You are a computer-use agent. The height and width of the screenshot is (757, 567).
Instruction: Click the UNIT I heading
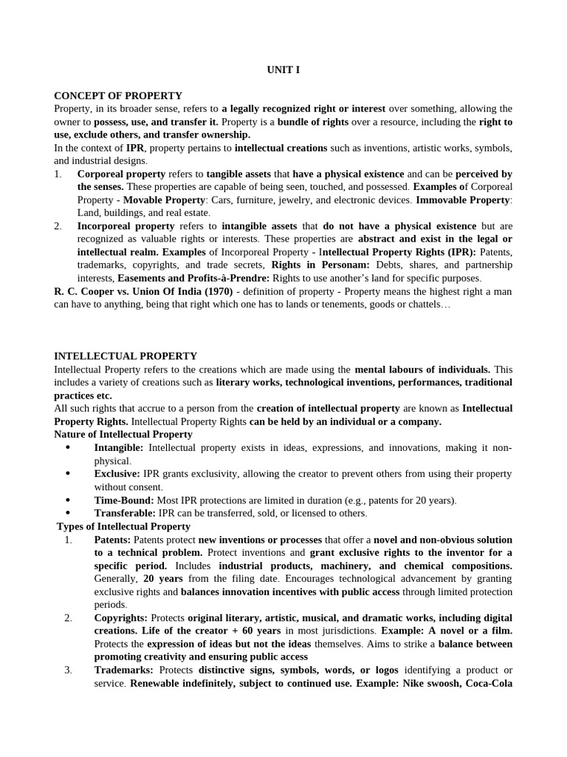283,70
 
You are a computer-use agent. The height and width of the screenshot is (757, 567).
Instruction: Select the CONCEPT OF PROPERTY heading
118,95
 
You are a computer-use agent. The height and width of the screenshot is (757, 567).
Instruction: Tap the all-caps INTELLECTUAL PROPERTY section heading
126,356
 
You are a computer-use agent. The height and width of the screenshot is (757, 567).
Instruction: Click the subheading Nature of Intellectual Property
123,434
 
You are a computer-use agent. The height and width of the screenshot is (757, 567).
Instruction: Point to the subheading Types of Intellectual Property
123,526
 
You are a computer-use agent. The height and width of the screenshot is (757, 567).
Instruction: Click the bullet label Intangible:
120,448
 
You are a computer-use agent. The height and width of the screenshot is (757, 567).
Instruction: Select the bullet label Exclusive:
117,474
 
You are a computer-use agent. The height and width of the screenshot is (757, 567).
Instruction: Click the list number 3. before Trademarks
68,670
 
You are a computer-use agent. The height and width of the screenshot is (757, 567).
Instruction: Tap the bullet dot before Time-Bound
68,500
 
